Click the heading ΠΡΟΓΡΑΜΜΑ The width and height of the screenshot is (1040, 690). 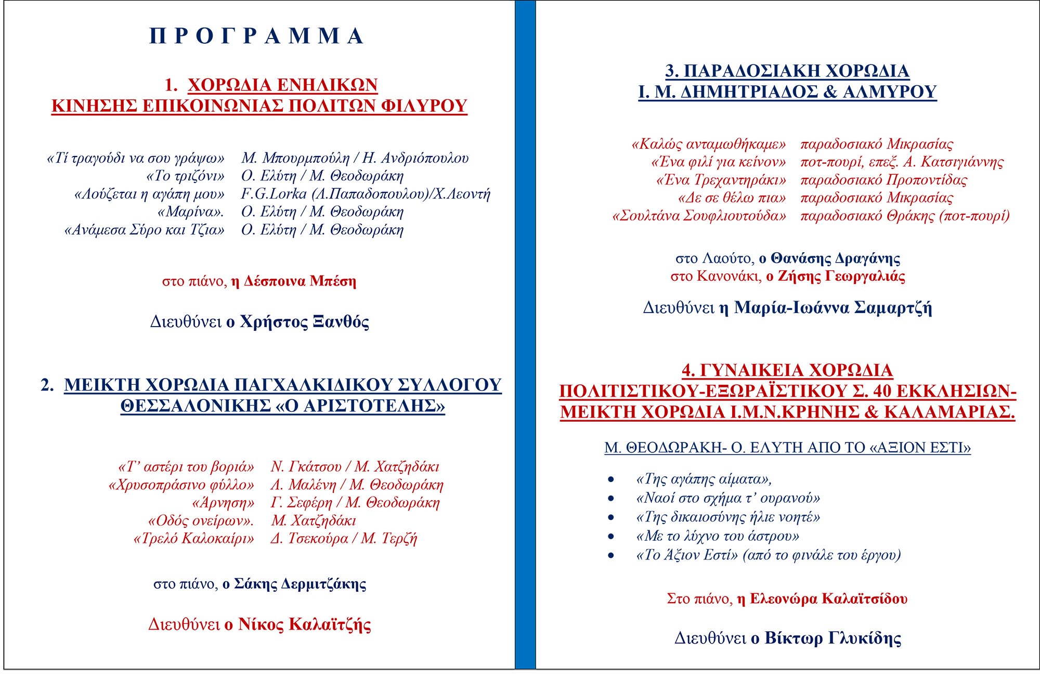point(256,36)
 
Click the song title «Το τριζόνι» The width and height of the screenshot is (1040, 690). point(186,176)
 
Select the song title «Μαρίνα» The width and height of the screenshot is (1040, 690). point(191,212)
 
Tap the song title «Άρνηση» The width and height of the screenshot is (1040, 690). point(223,503)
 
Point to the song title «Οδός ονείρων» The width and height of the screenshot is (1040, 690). point(201,521)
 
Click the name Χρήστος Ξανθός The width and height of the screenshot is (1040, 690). point(304,322)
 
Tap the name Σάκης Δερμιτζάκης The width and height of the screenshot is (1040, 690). point(300,584)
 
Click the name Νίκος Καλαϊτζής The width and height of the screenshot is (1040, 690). point(304,624)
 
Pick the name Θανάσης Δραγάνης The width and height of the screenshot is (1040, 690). point(835,258)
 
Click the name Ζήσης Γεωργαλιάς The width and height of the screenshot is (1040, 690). point(841,276)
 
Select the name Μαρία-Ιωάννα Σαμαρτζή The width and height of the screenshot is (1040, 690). point(833,308)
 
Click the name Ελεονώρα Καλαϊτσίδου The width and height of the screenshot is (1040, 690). point(828,599)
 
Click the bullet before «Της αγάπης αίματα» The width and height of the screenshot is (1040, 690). point(611,479)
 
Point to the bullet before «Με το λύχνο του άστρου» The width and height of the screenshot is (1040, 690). point(611,537)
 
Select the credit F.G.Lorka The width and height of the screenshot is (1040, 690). point(274,194)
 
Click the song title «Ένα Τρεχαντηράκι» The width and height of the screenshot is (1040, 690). point(721,180)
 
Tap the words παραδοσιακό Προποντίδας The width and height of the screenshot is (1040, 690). point(883,180)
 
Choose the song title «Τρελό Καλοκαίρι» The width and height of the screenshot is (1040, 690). point(194,539)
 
